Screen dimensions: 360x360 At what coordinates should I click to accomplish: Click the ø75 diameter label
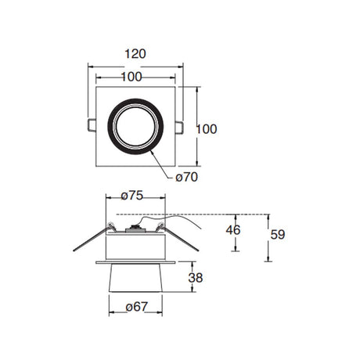click(134, 196)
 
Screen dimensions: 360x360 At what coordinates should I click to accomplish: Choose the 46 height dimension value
click(232, 230)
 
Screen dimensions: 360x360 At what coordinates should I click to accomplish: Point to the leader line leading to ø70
click(164, 162)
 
